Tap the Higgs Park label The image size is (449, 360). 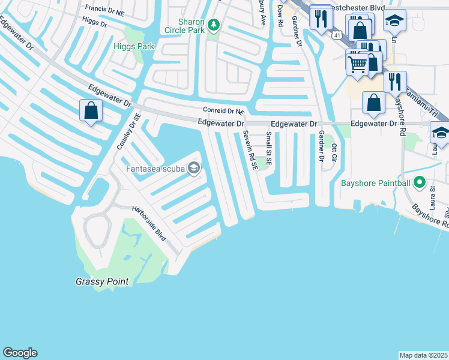[134, 46]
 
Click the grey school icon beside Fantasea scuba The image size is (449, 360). [193, 168]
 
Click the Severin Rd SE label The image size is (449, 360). [251, 151]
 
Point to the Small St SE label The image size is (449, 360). [270, 149]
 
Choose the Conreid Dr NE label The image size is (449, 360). [224, 111]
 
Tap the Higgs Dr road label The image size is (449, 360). [94, 23]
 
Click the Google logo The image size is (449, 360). [20, 353]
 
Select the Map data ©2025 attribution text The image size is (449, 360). [423, 355]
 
